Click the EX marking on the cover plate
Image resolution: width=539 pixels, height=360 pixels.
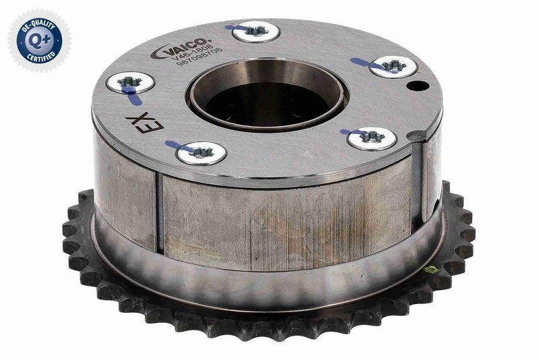pos(133,123)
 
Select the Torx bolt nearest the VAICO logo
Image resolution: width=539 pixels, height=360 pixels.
pos(254,30)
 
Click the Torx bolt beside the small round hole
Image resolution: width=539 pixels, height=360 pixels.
pos(393,66)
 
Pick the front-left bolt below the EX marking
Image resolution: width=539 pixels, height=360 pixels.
pos(199,152)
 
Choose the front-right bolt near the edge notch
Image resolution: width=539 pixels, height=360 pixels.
pos(372,138)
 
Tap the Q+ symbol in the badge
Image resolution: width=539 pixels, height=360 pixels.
pos(38,38)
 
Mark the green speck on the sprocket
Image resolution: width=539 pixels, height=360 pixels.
pos(430,270)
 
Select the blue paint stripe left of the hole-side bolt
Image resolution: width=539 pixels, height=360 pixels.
pos(364,63)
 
